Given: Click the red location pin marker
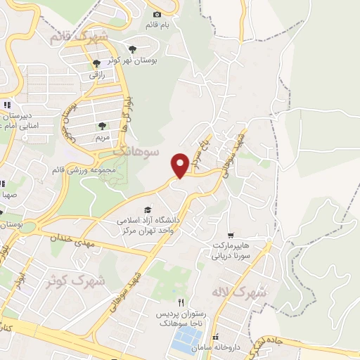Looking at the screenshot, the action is click(180, 164).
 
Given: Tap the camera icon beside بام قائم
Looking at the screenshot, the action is click(157, 15).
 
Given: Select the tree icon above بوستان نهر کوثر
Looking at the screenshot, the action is click(132, 49).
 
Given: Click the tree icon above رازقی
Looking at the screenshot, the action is click(96, 64).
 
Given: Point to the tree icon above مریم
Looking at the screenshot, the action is click(103, 127).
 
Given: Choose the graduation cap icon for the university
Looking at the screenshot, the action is click(147, 210).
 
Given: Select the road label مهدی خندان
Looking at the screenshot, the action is click(71, 240).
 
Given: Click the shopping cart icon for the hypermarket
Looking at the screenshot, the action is click(231, 236).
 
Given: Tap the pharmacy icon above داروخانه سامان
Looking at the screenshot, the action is click(215, 338).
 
